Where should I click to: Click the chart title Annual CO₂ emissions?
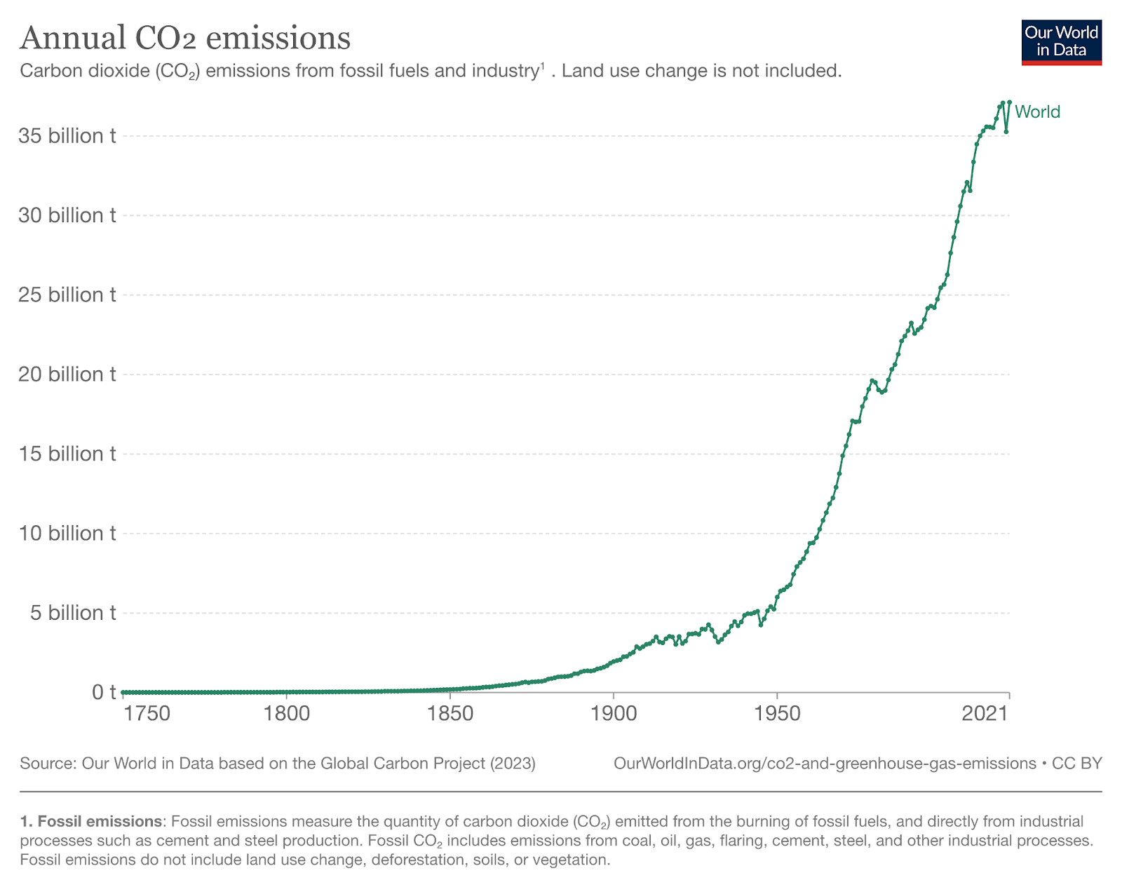(185, 38)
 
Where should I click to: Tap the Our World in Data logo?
(1061, 42)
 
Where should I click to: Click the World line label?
(1037, 112)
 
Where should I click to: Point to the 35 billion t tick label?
(67, 136)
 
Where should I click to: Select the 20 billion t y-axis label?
(67, 374)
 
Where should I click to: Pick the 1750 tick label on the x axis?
(147, 715)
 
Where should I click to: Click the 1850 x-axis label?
(450, 715)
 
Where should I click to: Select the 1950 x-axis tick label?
(777, 715)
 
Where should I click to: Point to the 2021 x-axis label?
(985, 715)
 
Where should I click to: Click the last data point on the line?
(1009, 102)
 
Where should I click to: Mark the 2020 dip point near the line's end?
(1006, 132)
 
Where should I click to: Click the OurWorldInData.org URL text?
(825, 764)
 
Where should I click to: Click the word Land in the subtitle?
(579, 71)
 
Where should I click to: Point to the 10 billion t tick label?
(67, 534)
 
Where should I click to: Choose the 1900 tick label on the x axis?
(613, 715)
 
